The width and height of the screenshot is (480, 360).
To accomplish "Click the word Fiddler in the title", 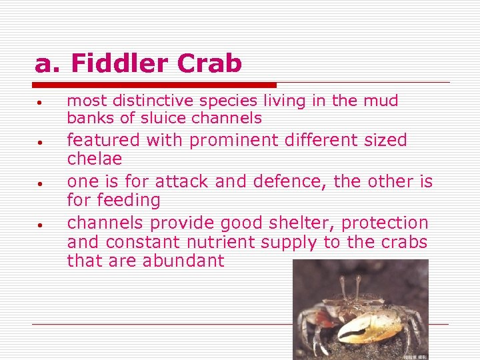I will pos(109,64).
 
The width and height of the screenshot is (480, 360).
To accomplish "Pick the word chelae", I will pos(95,159).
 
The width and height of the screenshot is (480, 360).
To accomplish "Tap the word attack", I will pos(177,181).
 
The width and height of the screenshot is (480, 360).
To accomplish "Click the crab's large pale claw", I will pos(370,327).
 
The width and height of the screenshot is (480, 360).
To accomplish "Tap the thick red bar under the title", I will pos(155,85).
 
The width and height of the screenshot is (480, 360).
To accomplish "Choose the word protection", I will pos(387,223).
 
